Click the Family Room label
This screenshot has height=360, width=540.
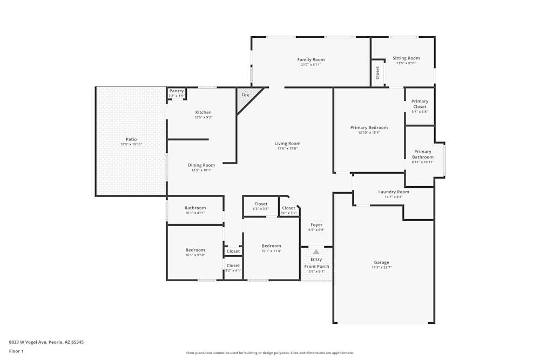[311, 60]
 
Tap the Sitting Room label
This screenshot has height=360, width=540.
[406, 58]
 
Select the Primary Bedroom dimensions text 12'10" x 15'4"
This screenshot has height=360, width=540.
[369, 133]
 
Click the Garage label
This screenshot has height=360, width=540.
[381, 263]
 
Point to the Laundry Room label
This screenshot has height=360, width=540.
[393, 192]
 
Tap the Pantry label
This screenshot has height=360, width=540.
[177, 91]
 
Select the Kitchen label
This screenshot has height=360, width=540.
[203, 112]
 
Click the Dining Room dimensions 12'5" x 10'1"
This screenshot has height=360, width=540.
[201, 171]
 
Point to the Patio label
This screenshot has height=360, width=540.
[131, 139]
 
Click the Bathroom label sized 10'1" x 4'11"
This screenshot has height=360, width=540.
[195, 208]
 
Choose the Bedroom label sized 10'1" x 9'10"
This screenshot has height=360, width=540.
[195, 250]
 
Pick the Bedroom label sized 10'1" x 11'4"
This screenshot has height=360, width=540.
[271, 246]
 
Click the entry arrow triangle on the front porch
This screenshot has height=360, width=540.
[316, 252]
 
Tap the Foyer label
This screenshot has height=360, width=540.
[316, 225]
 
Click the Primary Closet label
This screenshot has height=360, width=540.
[420, 104]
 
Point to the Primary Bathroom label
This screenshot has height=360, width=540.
[423, 154]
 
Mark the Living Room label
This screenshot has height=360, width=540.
[287, 144]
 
